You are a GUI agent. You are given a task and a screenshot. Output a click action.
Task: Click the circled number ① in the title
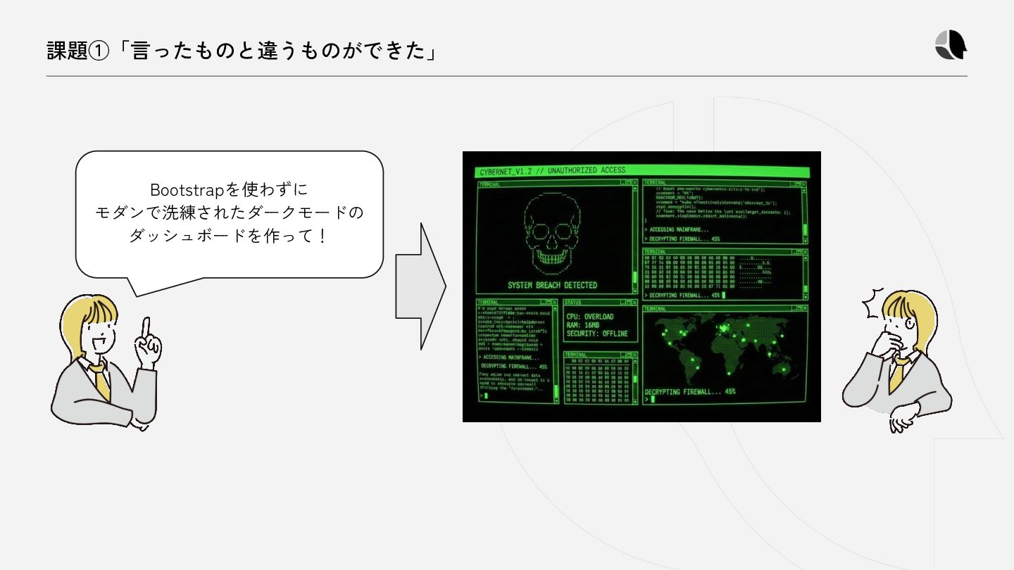99,51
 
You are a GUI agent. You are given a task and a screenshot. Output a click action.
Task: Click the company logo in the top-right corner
951,46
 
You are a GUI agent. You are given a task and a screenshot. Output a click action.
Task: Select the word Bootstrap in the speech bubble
187,190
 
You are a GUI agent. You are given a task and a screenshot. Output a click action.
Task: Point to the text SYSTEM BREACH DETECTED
552,285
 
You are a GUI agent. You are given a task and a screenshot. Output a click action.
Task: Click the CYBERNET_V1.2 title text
506,172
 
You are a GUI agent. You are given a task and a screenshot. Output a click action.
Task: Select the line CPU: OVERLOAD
589,317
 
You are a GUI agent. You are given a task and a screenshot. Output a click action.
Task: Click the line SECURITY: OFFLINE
596,334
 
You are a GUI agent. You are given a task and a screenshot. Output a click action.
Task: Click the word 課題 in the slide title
67,51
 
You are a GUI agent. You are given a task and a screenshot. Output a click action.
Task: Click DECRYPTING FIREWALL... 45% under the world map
689,391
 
